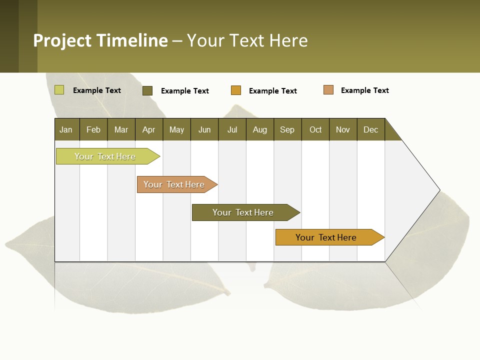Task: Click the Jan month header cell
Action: click(x=66, y=129)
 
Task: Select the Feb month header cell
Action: click(x=93, y=129)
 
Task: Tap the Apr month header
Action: click(x=149, y=129)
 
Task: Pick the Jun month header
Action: click(x=204, y=129)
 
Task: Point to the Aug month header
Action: click(x=260, y=129)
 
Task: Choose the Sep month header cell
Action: click(x=287, y=129)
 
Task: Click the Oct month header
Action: click(x=315, y=129)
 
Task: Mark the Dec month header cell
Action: click(x=371, y=129)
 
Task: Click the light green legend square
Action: click(x=59, y=90)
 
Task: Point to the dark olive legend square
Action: click(x=147, y=90)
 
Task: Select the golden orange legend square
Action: click(x=236, y=90)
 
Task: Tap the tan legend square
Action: click(x=328, y=90)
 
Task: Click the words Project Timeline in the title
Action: click(x=100, y=40)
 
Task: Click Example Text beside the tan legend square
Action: click(x=364, y=90)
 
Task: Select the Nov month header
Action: click(x=343, y=129)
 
